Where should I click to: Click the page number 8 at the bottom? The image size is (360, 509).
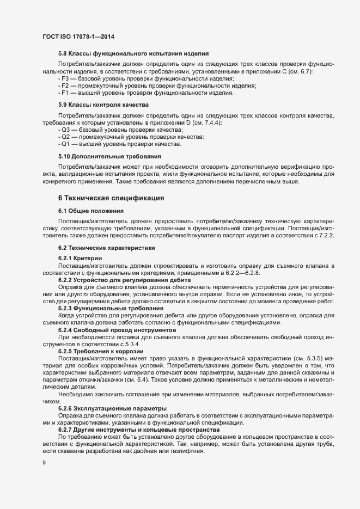pos(44,463)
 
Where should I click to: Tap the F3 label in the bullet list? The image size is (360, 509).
pos(64,79)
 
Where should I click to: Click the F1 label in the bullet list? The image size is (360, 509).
pos(64,93)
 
